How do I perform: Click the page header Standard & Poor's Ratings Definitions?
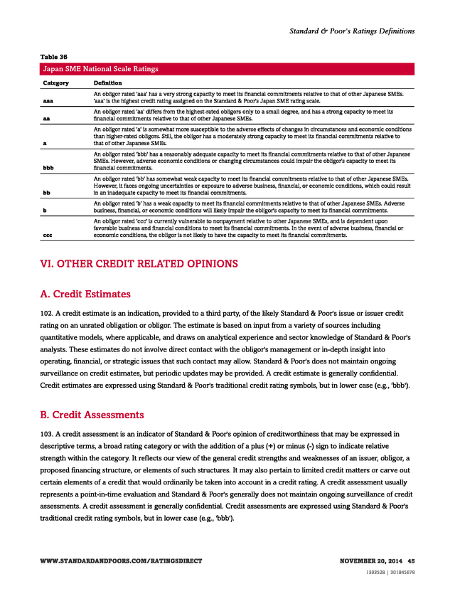click(351, 31)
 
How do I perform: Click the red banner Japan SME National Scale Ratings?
click(99, 69)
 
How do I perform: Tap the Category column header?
click(55, 83)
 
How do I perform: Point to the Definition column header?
click(107, 83)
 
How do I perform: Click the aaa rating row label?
click(48, 101)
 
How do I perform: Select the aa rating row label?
click(47, 119)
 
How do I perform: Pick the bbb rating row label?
click(48, 169)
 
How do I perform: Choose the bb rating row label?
click(47, 193)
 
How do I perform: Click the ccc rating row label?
click(48, 235)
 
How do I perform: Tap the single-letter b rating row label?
click(45, 211)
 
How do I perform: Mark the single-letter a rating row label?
click(45, 144)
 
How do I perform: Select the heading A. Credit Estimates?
click(86, 294)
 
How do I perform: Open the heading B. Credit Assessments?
click(92, 415)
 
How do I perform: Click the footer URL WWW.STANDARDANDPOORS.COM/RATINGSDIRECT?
click(121, 561)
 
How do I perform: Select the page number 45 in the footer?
click(411, 561)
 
